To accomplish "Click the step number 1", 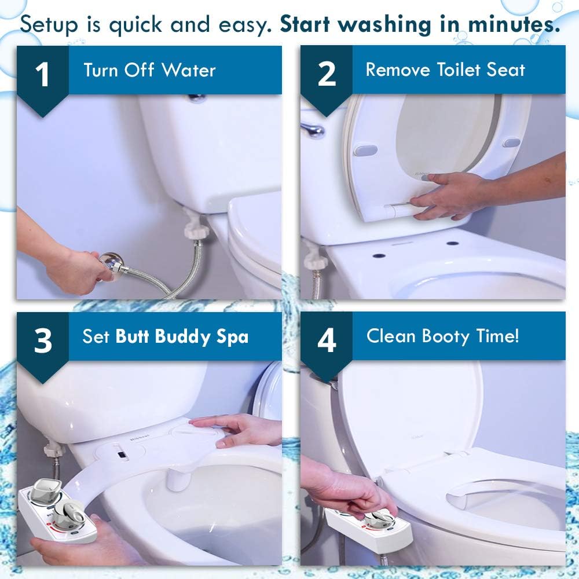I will (43, 75).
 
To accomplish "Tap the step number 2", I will (327, 75).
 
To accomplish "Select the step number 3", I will (43, 341).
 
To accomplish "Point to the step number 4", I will (327, 341).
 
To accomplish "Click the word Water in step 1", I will (189, 71).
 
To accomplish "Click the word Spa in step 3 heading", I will (231, 337).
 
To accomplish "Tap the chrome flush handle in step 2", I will (313, 130).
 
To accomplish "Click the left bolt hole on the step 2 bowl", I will (379, 255).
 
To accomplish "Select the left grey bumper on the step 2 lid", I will (365, 150).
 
